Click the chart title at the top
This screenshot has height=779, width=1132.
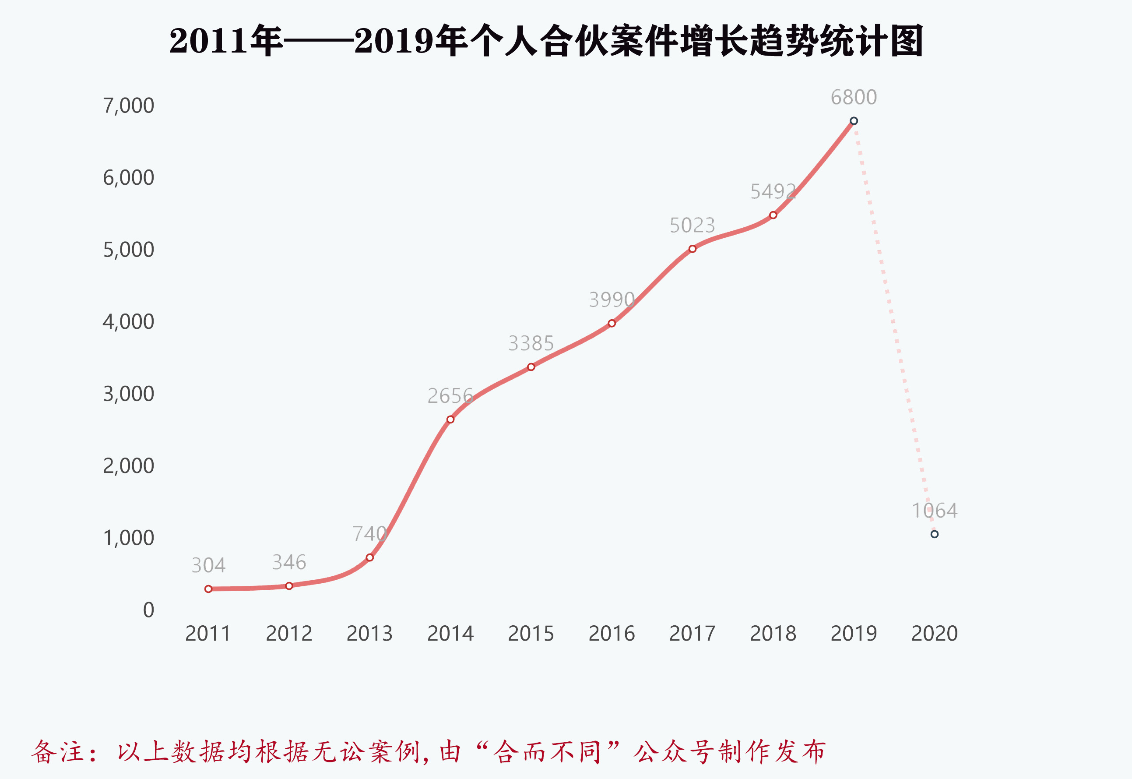(545, 41)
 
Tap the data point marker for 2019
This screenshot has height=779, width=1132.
(854, 121)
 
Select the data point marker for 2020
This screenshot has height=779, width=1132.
(934, 534)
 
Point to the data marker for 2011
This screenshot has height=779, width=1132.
(208, 589)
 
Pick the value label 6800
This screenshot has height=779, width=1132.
(854, 98)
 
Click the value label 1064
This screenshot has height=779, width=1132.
(934, 511)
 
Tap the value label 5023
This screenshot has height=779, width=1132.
(692, 226)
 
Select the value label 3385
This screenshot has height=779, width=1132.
(531, 344)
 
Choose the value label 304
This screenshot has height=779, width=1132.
(208, 566)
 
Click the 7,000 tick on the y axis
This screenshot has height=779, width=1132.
(128, 106)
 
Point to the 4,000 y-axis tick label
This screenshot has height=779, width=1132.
(128, 322)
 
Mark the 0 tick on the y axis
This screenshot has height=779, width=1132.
(148, 610)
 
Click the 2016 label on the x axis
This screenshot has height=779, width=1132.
(612, 634)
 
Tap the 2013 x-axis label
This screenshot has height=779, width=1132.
(369, 634)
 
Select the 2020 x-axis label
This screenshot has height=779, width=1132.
(934, 634)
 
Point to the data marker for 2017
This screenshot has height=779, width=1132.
(693, 249)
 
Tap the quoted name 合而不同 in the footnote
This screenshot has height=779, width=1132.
(546, 752)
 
